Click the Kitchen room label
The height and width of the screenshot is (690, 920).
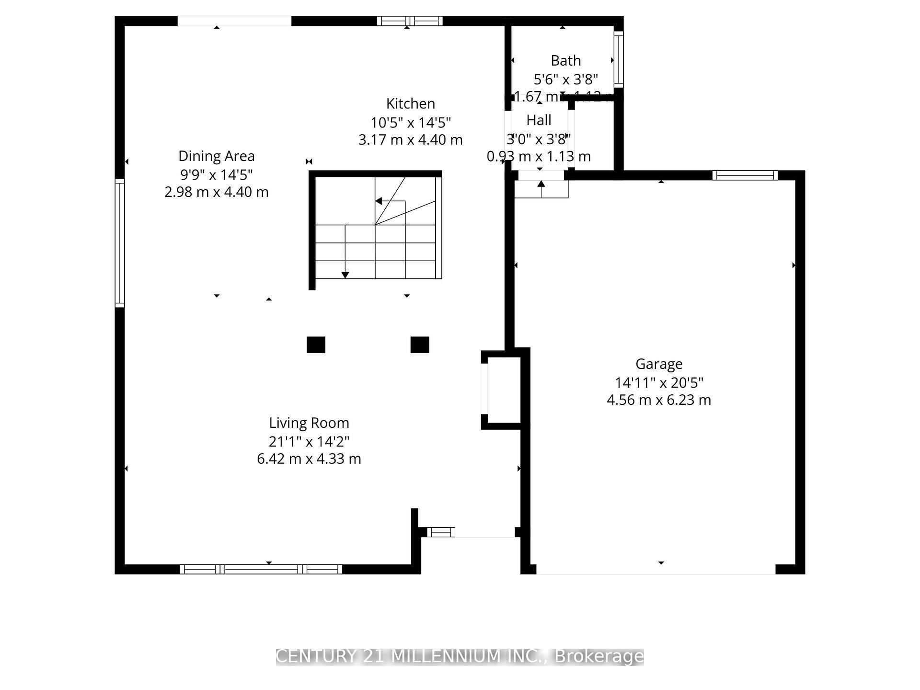[411, 103]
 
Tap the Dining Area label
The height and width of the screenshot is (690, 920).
[216, 156]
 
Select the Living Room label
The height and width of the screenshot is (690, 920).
[309, 423]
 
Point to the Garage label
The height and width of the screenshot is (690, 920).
[659, 364]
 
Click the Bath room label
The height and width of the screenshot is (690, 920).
[565, 61]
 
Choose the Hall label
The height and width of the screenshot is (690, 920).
[539, 120]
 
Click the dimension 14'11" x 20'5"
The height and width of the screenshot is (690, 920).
[659, 382]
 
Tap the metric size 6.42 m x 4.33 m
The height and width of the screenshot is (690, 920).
[309, 459]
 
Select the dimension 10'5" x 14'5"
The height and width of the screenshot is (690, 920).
[411, 122]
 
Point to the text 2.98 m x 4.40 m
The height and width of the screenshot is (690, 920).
[216, 192]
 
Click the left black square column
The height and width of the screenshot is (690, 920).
[316, 345]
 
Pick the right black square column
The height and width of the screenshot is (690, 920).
[420, 345]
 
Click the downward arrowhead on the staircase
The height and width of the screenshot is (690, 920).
[345, 275]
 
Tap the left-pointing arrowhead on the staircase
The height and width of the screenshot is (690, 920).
[379, 201]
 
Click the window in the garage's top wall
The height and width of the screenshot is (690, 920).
[745, 175]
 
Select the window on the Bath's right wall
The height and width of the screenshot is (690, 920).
[618, 59]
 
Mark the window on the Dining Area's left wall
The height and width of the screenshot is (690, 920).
[120, 242]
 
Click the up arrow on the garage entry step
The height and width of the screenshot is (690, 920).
[541, 184]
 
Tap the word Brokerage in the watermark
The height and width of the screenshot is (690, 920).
[599, 656]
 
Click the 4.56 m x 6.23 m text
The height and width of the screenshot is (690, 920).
[659, 400]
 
